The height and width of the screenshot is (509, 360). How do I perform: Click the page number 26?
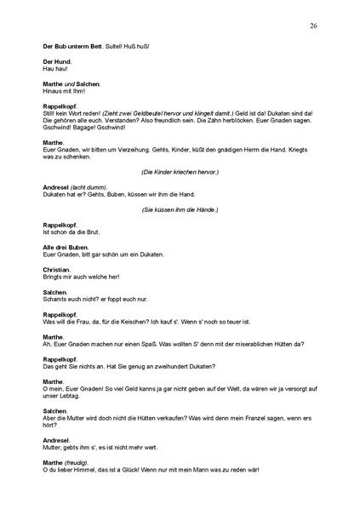point(314,26)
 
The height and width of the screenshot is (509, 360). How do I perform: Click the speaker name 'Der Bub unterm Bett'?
point(71,45)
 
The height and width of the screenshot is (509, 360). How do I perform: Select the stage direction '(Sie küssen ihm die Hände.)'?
point(180,209)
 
